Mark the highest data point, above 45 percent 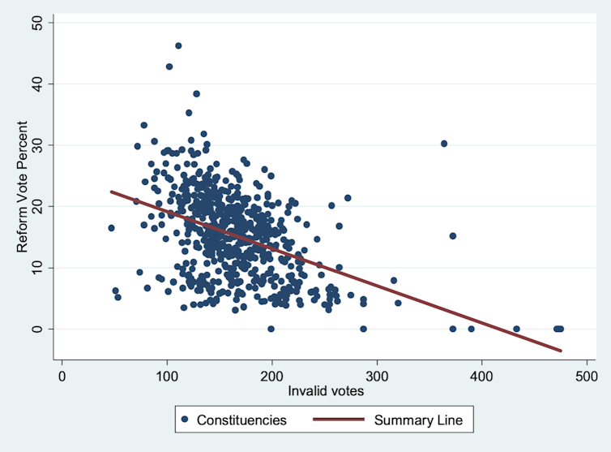(178, 45)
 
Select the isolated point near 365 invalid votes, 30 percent (444, 144)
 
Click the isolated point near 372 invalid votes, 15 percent (453, 236)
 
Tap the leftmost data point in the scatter (111, 228)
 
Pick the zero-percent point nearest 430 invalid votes (516, 329)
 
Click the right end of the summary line (561, 351)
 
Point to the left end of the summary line (111, 192)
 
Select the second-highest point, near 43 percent (169, 67)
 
